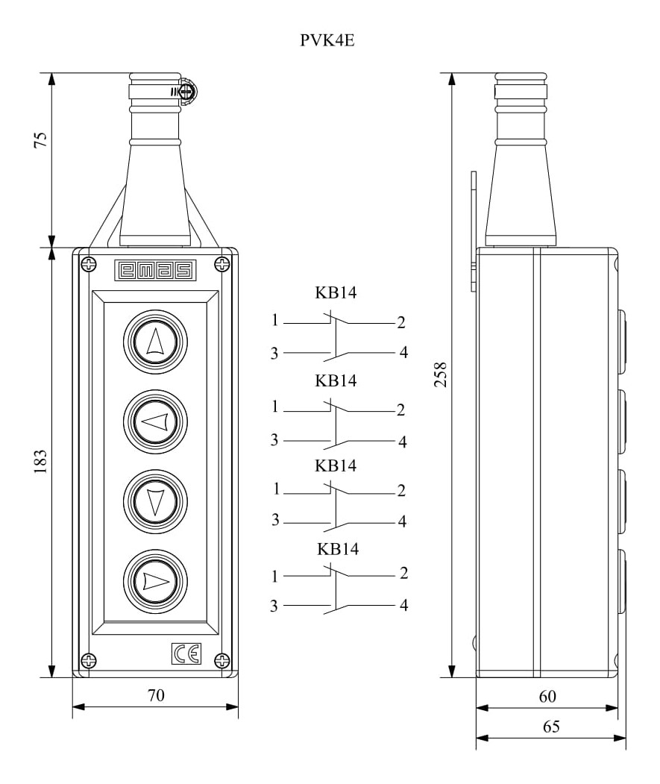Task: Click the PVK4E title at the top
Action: pos(327,40)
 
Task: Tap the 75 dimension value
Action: pos(40,139)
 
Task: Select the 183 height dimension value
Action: pos(40,462)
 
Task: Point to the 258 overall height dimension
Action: pos(441,374)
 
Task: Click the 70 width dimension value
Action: pos(156,695)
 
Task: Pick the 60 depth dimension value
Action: pos(547,696)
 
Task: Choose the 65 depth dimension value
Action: pos(551,726)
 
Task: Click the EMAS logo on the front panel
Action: pos(155,270)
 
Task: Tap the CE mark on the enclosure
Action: pos(186,653)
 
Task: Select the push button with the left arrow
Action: pos(156,421)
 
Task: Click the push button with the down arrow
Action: pos(156,501)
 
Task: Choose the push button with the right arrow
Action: pos(156,582)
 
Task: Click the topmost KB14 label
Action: pos(336,292)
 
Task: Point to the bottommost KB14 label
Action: pos(338,549)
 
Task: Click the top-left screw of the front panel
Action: pos(89,264)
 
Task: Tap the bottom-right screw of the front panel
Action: pos(222,660)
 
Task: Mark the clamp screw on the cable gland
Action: pos(187,92)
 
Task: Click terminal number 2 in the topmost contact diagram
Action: pos(401,322)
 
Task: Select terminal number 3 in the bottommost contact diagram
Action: pos(274,606)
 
